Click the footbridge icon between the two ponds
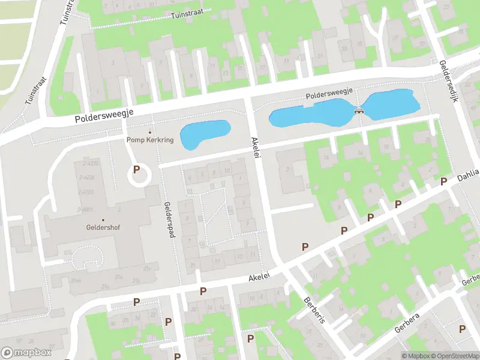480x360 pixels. click(359, 110)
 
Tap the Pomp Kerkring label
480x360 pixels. click(150, 140)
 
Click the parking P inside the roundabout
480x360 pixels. click(137, 170)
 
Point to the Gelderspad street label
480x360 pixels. click(171, 219)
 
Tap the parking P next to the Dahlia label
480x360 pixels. click(444, 181)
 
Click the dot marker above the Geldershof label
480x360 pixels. click(103, 220)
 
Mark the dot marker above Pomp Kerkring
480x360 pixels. click(149, 132)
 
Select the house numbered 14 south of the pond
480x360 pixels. click(327, 157)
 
